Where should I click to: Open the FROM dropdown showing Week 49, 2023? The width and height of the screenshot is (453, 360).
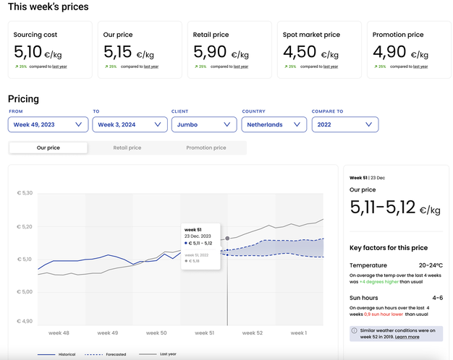(48, 124)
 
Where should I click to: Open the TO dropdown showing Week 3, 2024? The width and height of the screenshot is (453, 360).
(131, 124)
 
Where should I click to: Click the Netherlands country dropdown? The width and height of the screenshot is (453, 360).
(274, 124)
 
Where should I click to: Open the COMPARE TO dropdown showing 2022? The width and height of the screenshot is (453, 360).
(345, 124)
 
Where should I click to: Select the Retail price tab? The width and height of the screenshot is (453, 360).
(127, 147)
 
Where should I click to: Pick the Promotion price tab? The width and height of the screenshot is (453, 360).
(206, 147)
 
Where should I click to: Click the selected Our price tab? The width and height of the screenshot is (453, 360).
(48, 147)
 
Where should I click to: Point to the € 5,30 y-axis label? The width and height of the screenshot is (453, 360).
(25, 193)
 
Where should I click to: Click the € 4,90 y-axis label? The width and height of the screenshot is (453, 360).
(25, 321)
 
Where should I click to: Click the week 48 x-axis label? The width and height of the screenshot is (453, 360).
(59, 333)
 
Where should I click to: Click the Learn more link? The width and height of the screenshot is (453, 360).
(407, 337)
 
